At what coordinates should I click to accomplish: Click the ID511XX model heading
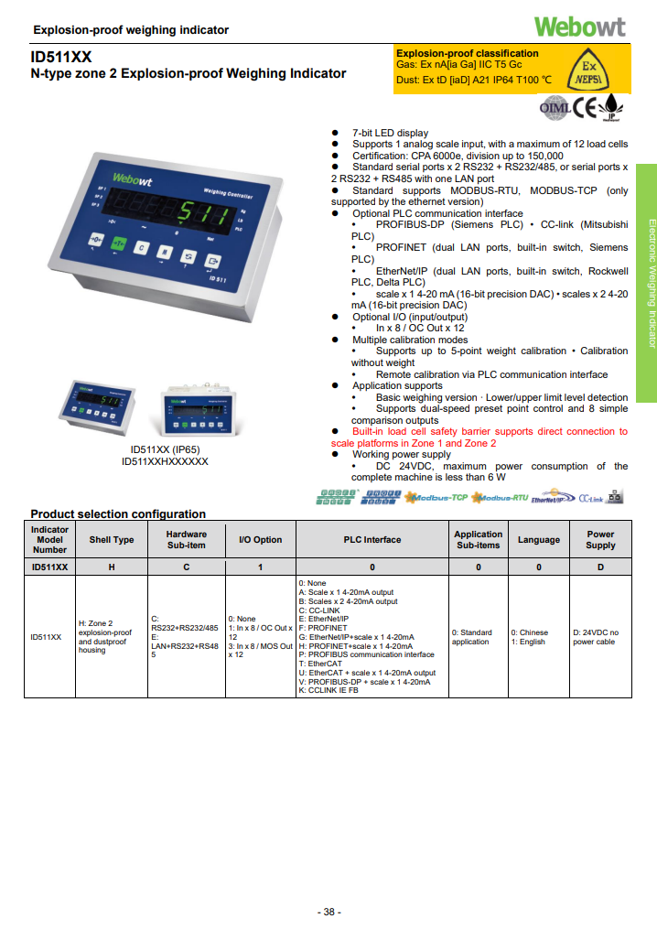click(x=60, y=57)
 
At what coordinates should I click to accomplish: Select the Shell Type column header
click(x=112, y=540)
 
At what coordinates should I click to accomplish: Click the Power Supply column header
click(x=600, y=540)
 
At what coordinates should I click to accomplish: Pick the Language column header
click(x=538, y=540)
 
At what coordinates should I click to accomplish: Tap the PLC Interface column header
click(x=372, y=540)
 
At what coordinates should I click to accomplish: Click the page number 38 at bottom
click(x=328, y=913)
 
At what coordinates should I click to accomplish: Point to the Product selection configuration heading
click(x=118, y=513)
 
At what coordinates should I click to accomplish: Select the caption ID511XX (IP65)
click(x=165, y=449)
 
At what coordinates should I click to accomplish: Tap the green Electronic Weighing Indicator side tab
click(x=647, y=283)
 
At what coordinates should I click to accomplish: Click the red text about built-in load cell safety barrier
click(x=479, y=437)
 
